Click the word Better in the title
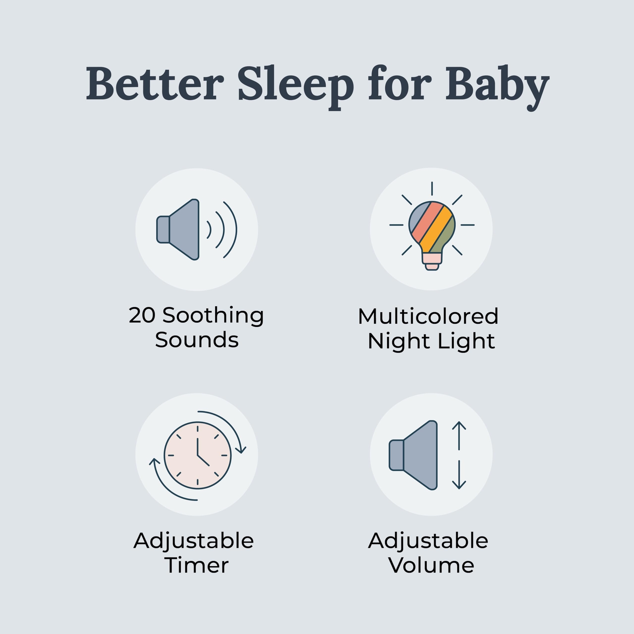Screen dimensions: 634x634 point(155,84)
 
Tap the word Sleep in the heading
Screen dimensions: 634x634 point(295,85)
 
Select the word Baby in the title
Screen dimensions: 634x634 point(497,85)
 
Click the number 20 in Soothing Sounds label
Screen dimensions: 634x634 point(142,315)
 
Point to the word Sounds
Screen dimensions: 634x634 point(197,340)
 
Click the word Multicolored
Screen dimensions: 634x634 point(428,316)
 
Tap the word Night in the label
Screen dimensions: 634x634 point(398,341)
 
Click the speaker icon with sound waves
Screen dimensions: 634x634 point(182,229)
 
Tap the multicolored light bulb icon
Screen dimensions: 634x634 point(432,230)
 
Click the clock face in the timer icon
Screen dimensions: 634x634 point(197,455)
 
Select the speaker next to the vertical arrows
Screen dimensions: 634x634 point(414,455)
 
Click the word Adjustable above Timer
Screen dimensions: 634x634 point(193,540)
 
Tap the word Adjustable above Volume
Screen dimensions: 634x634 point(428,540)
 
